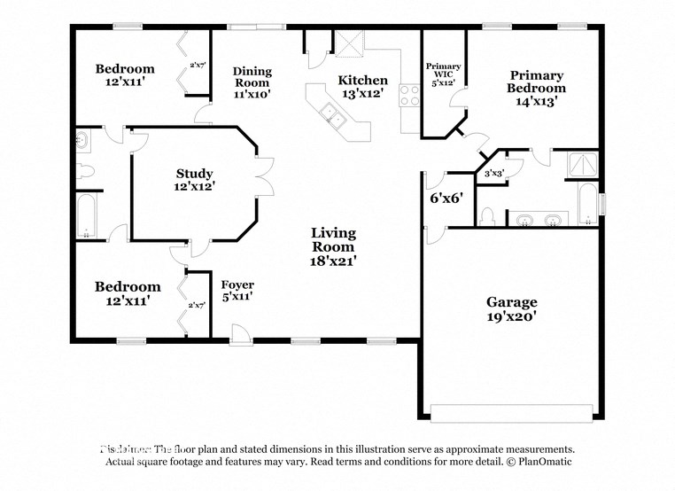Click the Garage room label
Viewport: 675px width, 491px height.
click(x=511, y=301)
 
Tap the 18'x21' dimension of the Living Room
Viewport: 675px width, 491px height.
click(x=333, y=261)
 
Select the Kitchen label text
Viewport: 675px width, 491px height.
click(x=363, y=80)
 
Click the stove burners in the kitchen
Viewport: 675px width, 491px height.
click(x=409, y=95)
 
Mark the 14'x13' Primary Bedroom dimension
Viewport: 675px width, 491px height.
click(x=536, y=101)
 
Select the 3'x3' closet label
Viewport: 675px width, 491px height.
click(x=493, y=174)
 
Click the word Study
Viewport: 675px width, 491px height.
click(x=194, y=173)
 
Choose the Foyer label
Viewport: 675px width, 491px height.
click(x=237, y=284)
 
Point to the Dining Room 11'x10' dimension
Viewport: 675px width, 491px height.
click(x=252, y=92)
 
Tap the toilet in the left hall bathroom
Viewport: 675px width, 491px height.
click(x=85, y=171)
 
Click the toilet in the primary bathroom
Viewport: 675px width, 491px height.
click(x=487, y=216)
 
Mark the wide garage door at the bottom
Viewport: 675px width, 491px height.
click(x=511, y=413)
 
